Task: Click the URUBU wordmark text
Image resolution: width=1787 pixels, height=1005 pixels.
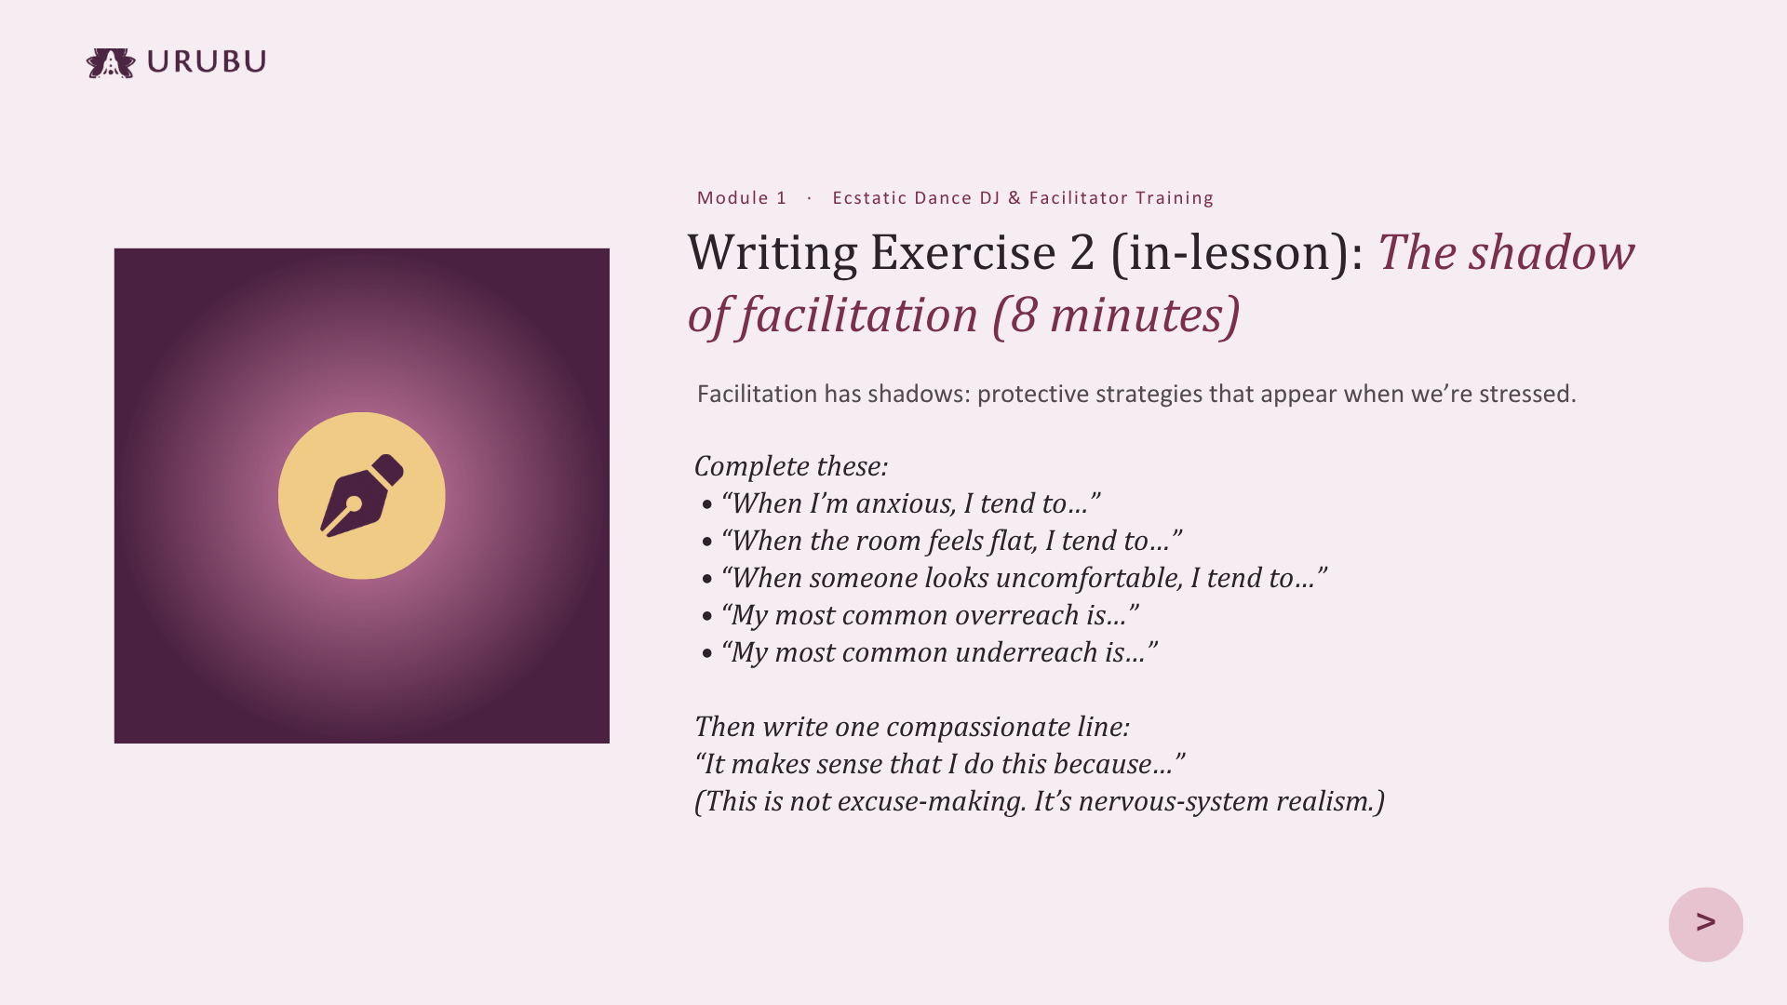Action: (207, 61)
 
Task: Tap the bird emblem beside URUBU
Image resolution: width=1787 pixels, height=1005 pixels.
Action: (111, 63)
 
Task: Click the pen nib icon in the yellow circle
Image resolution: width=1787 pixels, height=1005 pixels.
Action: (362, 495)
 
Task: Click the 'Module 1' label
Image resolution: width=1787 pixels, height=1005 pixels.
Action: (742, 197)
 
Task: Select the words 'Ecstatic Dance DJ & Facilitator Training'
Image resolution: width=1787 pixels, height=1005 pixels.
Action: (1023, 197)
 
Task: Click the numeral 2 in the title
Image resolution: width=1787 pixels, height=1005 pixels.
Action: (1082, 253)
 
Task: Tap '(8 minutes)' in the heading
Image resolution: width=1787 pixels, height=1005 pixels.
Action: (1116, 315)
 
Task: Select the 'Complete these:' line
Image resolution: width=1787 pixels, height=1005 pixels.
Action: (791, 466)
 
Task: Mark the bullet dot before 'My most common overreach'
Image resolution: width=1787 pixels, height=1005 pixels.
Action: (707, 617)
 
